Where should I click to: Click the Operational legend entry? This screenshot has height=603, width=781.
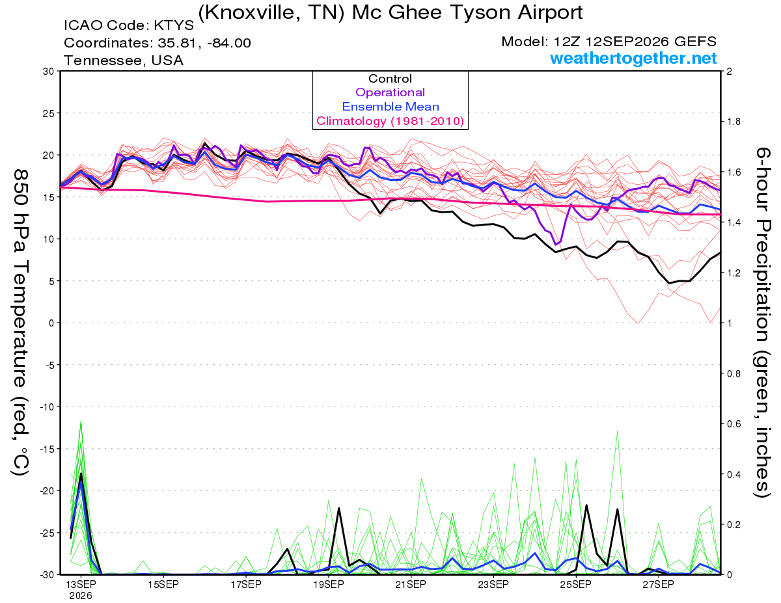pyautogui.click(x=390, y=92)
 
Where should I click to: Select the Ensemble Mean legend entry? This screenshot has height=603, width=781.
pyautogui.click(x=390, y=107)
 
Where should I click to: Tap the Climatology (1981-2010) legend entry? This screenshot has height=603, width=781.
pyautogui.click(x=390, y=121)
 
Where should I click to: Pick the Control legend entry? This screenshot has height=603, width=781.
pyautogui.click(x=390, y=79)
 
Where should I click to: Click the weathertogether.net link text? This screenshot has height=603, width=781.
pyautogui.click(x=633, y=58)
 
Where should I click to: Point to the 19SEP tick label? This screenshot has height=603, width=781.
pyautogui.click(x=328, y=584)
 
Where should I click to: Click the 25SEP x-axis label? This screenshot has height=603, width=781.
pyautogui.click(x=575, y=584)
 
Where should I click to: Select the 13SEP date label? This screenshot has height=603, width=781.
pyautogui.click(x=81, y=584)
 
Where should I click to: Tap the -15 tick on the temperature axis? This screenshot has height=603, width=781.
pyautogui.click(x=48, y=449)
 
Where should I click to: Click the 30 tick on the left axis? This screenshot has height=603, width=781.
pyautogui.click(x=49, y=72)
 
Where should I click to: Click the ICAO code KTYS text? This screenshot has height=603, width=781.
pyautogui.click(x=129, y=25)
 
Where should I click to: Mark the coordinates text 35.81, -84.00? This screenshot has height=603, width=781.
pyautogui.click(x=204, y=43)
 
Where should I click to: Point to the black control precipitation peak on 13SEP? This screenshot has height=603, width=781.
pyautogui.click(x=81, y=474)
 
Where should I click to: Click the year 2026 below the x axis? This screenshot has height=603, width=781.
pyautogui.click(x=81, y=596)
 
